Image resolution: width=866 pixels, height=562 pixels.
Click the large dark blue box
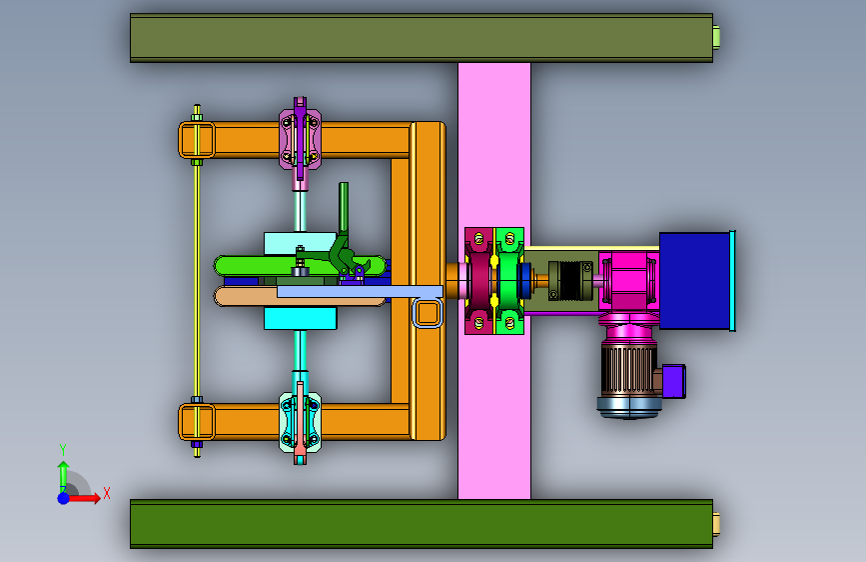[x=694, y=280]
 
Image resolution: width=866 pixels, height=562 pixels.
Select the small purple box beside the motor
[x=674, y=381]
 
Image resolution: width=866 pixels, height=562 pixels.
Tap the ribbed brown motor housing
[x=628, y=371]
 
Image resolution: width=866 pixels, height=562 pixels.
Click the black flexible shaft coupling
[x=570, y=281]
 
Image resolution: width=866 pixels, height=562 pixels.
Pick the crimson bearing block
[x=478, y=281]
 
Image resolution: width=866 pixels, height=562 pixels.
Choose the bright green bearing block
[x=509, y=281]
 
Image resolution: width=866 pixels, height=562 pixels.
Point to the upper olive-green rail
[x=422, y=38]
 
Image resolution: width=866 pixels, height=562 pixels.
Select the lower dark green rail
[x=422, y=524]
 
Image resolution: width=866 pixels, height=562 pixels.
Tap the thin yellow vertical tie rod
[x=197, y=281]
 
